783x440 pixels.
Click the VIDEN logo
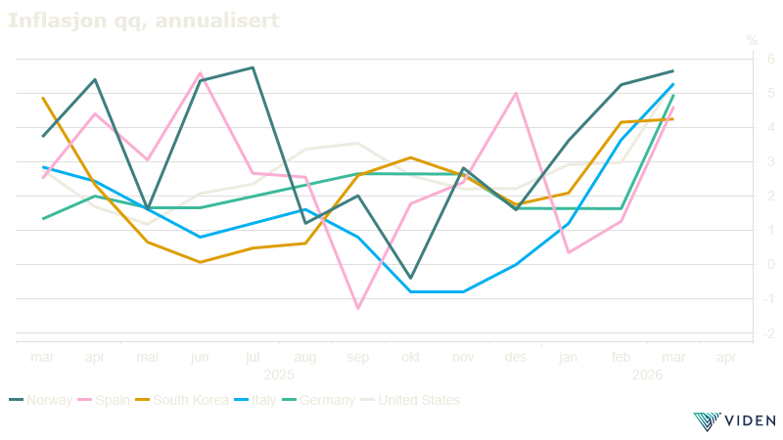(733, 421)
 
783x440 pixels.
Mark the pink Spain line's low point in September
(358, 308)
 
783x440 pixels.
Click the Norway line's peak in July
(253, 67)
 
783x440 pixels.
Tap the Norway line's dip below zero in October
(411, 279)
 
